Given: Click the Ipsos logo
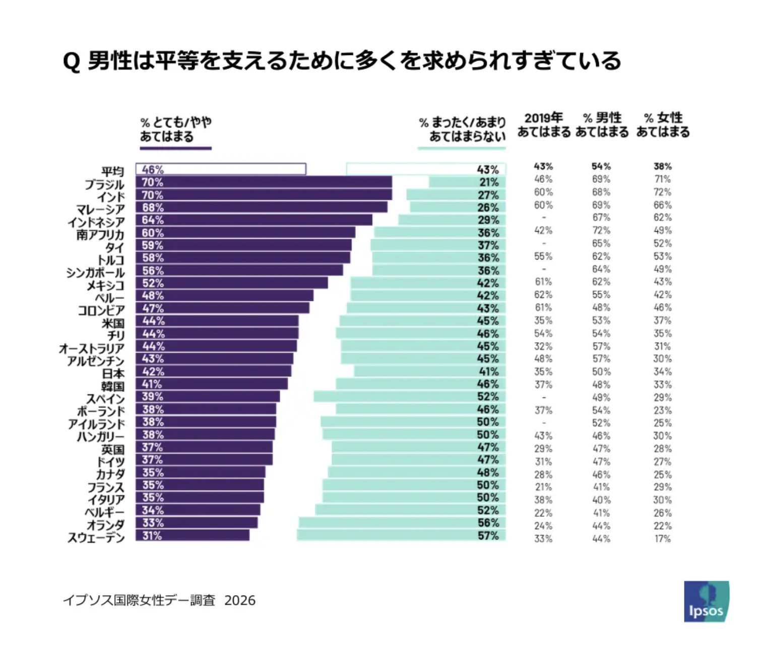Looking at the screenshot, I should tap(706, 601).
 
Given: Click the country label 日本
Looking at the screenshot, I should tap(113, 374).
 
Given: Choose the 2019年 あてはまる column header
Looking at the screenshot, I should tap(544, 125).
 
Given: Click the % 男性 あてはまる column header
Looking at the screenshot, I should tap(602, 125).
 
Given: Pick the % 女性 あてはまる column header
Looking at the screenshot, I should tap(663, 125).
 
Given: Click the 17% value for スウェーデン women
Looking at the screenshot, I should tap(662, 539).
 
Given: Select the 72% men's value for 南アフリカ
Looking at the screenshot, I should tap(601, 231).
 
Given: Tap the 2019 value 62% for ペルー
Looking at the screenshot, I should tap(543, 295).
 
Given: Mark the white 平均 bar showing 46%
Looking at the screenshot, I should tap(221, 169).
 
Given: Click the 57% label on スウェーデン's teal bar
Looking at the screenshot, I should tap(488, 536).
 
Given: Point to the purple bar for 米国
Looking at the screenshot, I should tap(217, 321).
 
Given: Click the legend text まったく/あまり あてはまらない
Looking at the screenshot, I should tap(462, 129).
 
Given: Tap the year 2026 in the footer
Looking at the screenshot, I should tap(240, 601).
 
